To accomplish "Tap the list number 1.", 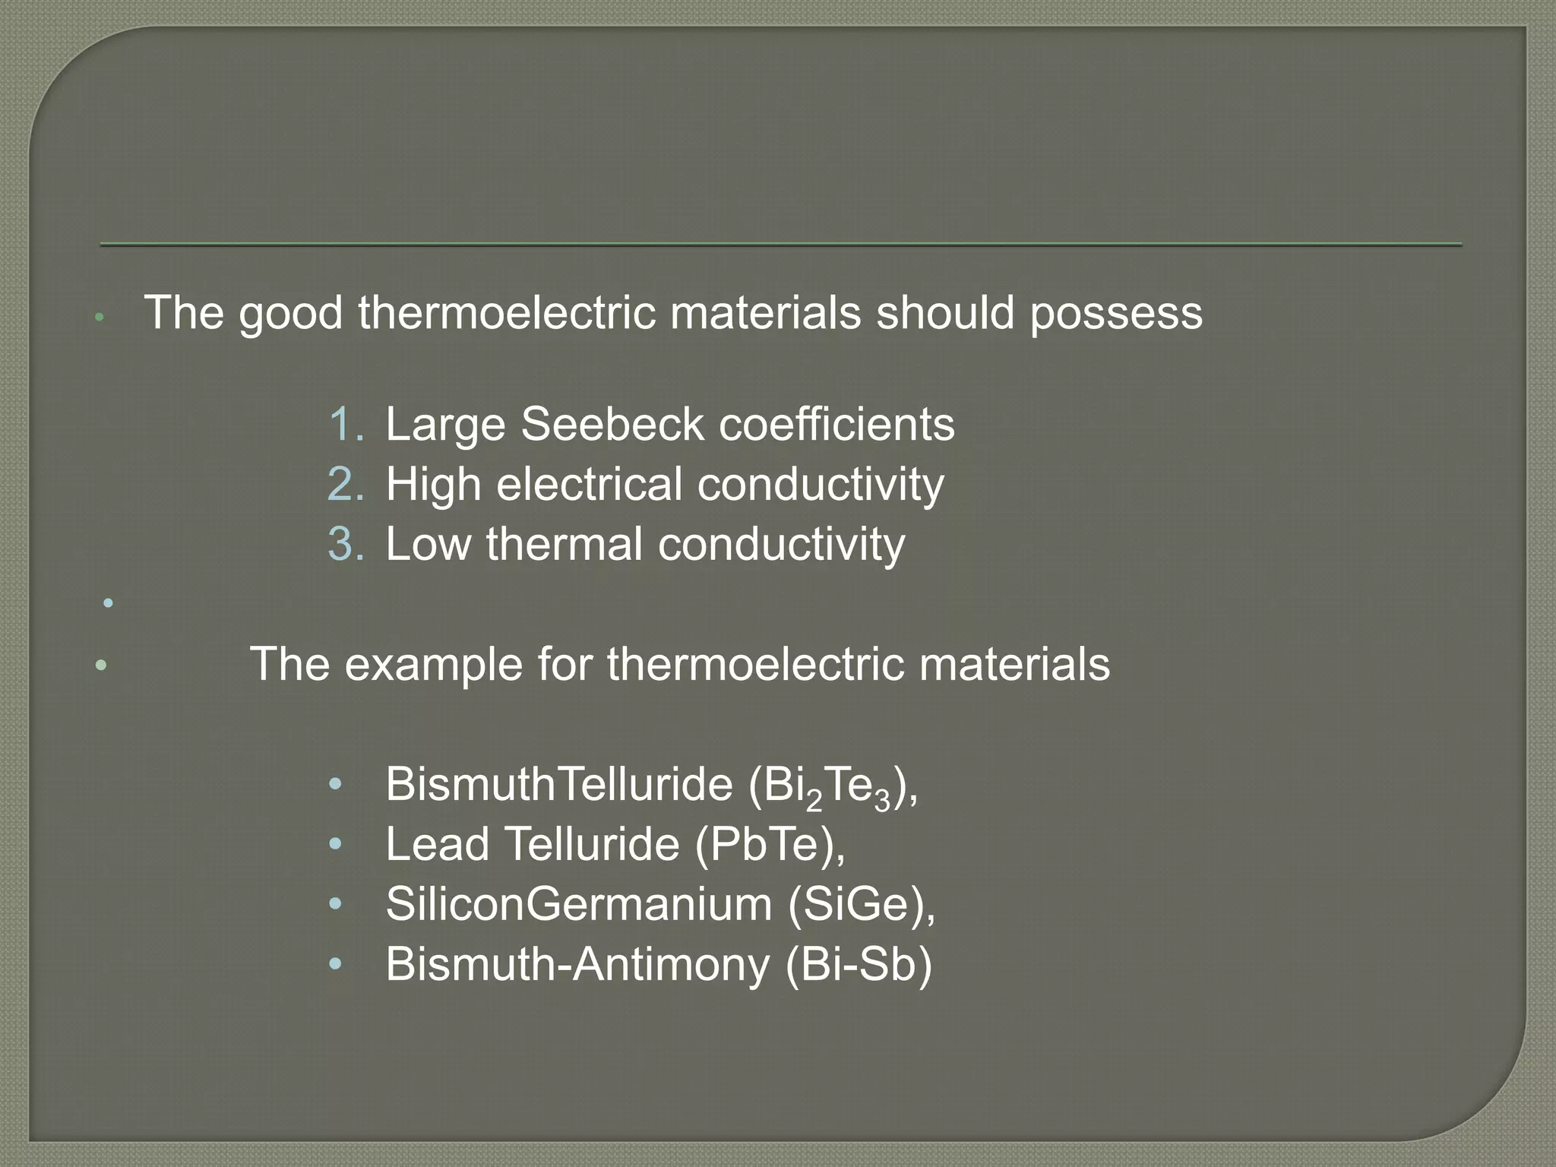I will coord(346,424).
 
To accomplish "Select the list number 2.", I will coord(346,484).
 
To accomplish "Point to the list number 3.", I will coord(346,544).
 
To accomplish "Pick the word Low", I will coord(428,544).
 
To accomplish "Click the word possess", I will coord(1116,313).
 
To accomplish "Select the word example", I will coord(434,665).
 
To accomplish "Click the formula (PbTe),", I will coord(770,844).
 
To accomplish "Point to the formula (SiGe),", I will coord(862,904).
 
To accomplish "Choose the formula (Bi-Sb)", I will coord(858,964).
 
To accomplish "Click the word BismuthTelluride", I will coord(558,784).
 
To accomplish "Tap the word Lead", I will coord(437,844).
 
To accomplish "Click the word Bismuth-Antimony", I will coord(577,965).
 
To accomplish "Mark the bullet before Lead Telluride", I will coord(336,843).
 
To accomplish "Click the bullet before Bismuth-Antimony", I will coord(336,963).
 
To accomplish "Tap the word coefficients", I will coord(837,424).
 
